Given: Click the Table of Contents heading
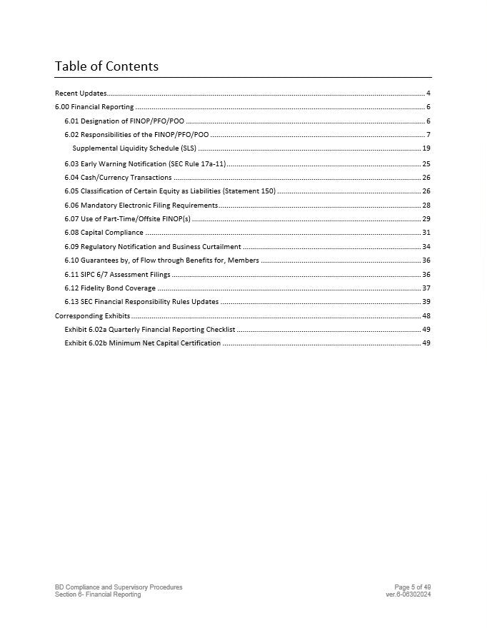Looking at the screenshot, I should click(x=106, y=66).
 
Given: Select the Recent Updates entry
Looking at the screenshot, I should click(x=81, y=93).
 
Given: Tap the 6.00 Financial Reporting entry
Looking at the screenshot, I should click(x=94, y=107).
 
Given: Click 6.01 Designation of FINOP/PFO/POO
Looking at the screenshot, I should click(x=124, y=121).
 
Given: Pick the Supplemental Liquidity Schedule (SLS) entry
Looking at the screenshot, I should click(x=134, y=148).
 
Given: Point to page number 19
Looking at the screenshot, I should click(x=426, y=148).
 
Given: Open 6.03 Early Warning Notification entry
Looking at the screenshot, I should click(x=145, y=164).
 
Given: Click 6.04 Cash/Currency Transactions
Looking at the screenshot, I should click(x=118, y=178).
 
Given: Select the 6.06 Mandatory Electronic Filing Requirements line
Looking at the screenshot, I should click(x=141, y=206).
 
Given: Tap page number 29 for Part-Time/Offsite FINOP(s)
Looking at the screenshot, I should click(x=426, y=219).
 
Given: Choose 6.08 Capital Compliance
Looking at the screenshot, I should click(x=104, y=233).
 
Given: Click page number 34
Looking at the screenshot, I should click(x=426, y=247).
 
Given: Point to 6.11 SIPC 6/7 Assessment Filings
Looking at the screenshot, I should click(x=117, y=275).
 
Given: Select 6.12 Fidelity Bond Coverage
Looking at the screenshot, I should click(x=110, y=288).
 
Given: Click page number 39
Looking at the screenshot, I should click(x=426, y=302).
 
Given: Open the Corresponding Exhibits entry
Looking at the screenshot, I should click(x=92, y=316).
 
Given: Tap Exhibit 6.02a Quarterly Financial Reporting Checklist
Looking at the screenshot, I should click(x=150, y=330).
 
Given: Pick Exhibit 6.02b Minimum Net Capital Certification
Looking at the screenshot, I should click(x=143, y=343).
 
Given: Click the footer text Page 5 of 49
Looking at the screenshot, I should click(x=413, y=587).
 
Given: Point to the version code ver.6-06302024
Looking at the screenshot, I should click(x=408, y=594).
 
